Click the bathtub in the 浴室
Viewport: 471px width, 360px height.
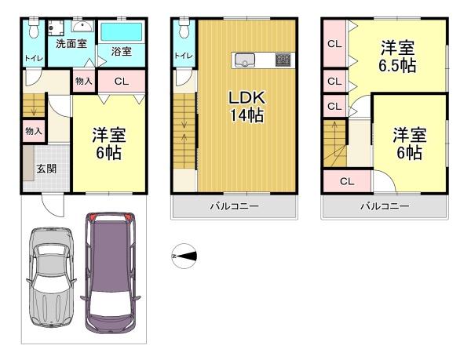pyautogui.click(x=122, y=32)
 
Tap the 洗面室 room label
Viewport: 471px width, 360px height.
pyautogui.click(x=71, y=44)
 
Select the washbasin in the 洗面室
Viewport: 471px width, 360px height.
pyautogui.click(x=82, y=26)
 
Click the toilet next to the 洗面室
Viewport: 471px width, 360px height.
pyautogui.click(x=34, y=28)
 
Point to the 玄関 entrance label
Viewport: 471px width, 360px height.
pyautogui.click(x=46, y=169)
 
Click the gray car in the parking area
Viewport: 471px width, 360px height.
pyautogui.click(x=51, y=277)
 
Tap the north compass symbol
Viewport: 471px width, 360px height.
pyautogui.click(x=184, y=256)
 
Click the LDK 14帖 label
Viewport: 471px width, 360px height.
pyautogui.click(x=247, y=107)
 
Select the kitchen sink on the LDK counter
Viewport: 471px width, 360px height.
pyautogui.click(x=245, y=60)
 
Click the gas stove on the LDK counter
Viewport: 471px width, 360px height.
pyautogui.click(x=283, y=60)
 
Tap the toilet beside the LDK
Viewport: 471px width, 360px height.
pyautogui.click(x=184, y=28)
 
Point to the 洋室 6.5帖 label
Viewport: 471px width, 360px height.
pyautogui.click(x=397, y=56)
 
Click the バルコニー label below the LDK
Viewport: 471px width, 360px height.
pyautogui.click(x=234, y=206)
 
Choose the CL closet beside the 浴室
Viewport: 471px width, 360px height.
pyautogui.click(x=122, y=81)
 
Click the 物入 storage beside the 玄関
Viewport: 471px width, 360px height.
pyautogui.click(x=34, y=131)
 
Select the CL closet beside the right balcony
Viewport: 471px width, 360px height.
pyautogui.click(x=347, y=181)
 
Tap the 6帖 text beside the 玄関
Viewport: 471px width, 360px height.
pyautogui.click(x=109, y=153)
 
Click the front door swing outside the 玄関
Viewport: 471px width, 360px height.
pyautogui.click(x=53, y=205)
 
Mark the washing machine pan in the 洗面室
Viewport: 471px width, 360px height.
pyautogui.click(x=56, y=28)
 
